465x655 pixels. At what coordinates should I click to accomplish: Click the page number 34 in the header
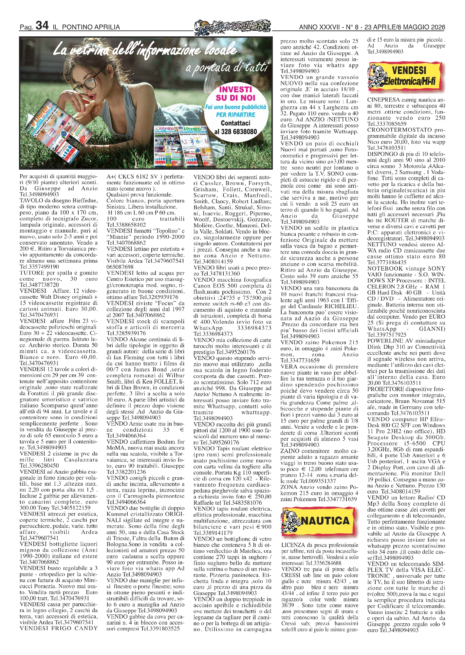[42, 26]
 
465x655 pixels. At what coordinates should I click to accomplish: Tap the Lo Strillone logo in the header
[232, 26]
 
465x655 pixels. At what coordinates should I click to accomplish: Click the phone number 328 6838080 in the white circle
[235, 132]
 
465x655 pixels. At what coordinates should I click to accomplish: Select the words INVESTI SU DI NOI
[235, 93]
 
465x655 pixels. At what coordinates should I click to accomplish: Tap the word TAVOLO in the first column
[30, 200]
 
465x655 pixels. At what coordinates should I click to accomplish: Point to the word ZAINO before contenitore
[290, 451]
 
